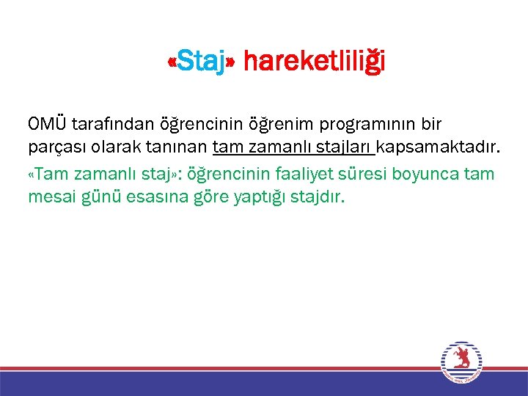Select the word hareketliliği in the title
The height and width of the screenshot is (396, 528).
[314, 62]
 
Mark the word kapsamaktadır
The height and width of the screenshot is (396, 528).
[438, 150]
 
